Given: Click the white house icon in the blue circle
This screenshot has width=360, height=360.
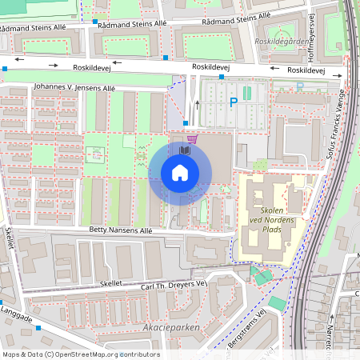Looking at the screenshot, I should (180, 173).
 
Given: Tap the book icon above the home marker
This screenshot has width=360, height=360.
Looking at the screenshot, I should (186, 150).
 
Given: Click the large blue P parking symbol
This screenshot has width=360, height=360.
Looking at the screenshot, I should (234, 102).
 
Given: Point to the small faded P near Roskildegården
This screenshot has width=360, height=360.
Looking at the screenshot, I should (300, 86).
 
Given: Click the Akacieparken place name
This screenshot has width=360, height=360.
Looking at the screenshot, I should (166, 327).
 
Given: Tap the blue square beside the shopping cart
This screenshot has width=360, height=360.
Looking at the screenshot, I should (186, 123).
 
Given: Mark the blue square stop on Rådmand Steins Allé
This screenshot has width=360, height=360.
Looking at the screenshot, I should (94, 22).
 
